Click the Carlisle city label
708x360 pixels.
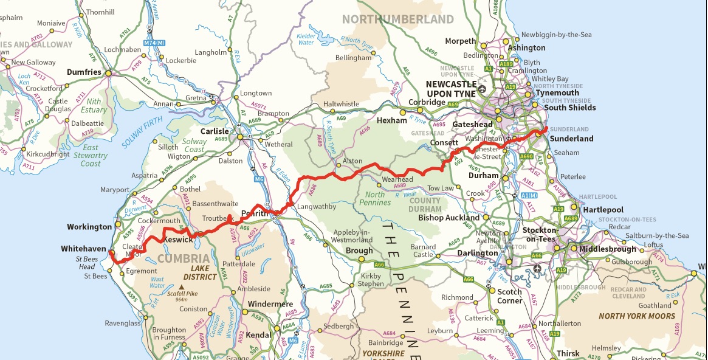coord(215,131)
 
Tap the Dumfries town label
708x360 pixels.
coord(83,72)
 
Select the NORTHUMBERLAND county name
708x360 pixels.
coord(397,19)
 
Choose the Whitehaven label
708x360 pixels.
coord(84,249)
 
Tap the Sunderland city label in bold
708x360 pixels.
coord(571,139)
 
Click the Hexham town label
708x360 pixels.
coord(391,120)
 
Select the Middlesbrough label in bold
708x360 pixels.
coord(608,249)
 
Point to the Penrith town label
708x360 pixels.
coord(255,214)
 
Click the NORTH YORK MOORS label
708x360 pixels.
coord(636,316)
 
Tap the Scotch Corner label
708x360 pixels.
coord(509,296)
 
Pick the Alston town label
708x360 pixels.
coord(352,162)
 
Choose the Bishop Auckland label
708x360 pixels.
coord(449,218)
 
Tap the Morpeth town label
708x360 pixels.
coord(460,41)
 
